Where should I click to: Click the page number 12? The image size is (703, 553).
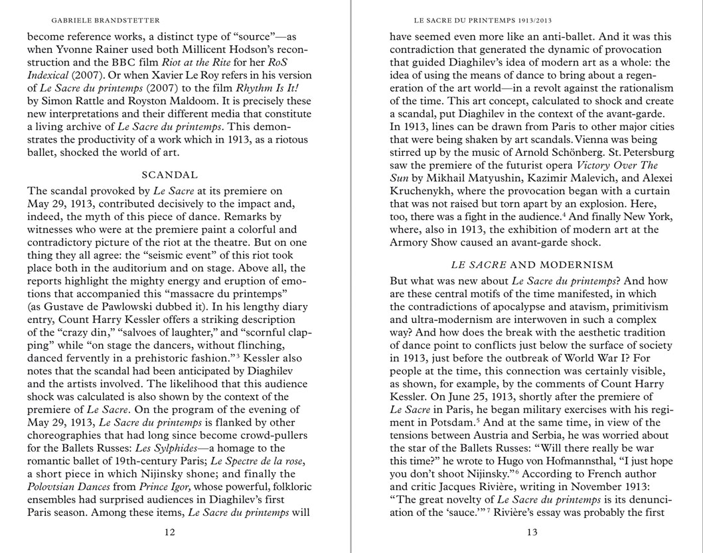[x=170, y=532]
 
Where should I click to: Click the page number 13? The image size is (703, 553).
[x=532, y=532]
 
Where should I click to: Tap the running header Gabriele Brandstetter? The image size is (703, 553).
[x=106, y=21]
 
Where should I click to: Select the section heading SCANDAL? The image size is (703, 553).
[x=170, y=175]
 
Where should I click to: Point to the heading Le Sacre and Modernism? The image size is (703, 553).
[x=532, y=265]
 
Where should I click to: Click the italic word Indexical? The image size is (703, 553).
[x=48, y=76]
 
